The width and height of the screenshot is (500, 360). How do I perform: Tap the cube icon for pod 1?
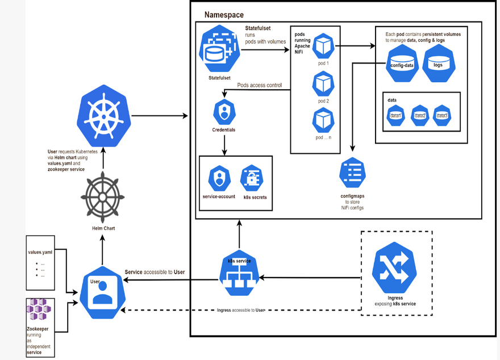(x=323, y=45)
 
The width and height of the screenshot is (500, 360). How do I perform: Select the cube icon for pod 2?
(x=323, y=84)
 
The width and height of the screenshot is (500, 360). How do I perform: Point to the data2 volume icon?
(x=420, y=115)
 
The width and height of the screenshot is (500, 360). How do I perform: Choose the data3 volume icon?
(x=442, y=115)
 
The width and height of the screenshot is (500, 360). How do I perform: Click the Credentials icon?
(x=223, y=112)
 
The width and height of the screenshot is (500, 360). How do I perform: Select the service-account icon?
(x=219, y=179)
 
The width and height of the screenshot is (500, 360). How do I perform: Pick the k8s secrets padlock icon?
(x=251, y=179)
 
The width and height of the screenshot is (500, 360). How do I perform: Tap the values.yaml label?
(x=40, y=251)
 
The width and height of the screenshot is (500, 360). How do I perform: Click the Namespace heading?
(x=224, y=15)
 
